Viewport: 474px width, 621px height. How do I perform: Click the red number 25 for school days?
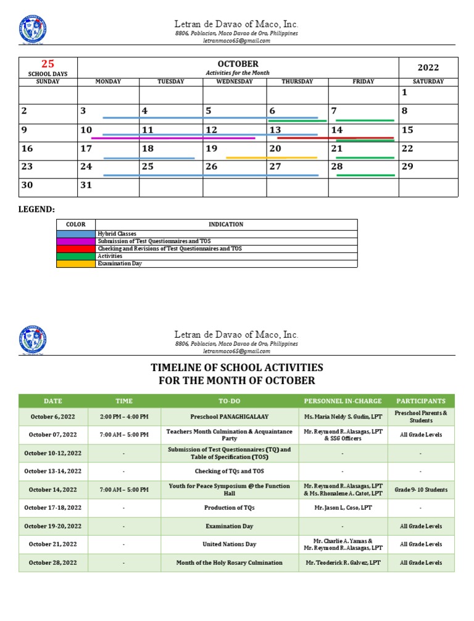coord(48,64)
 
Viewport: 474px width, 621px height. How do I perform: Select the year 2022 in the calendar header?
coord(428,67)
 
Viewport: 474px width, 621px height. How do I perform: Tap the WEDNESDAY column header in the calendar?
coord(235,81)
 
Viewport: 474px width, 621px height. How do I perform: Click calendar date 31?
coord(86,185)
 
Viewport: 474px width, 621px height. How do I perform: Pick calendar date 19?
coord(211,148)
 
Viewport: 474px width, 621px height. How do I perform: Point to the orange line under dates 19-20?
coord(272,158)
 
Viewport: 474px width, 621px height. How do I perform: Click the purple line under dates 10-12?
coord(173,138)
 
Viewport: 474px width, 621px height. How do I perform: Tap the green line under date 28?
coord(365,175)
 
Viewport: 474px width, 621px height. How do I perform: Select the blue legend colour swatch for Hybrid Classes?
coord(75,234)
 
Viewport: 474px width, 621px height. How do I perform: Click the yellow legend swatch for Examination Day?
coord(75,264)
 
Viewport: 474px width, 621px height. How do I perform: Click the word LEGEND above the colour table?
coord(38,209)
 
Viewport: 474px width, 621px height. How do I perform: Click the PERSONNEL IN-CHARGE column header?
coord(343,401)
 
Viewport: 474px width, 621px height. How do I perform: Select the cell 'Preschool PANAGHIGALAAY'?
coord(230,417)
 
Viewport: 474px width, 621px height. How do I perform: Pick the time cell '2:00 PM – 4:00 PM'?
coord(124,417)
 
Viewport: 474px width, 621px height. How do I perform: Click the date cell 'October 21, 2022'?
coord(53,544)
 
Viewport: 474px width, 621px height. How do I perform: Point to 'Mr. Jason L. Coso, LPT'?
coord(343,508)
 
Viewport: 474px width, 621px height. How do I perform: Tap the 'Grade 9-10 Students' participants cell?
coord(420,490)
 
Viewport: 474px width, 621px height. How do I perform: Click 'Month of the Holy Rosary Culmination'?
coord(230,563)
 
